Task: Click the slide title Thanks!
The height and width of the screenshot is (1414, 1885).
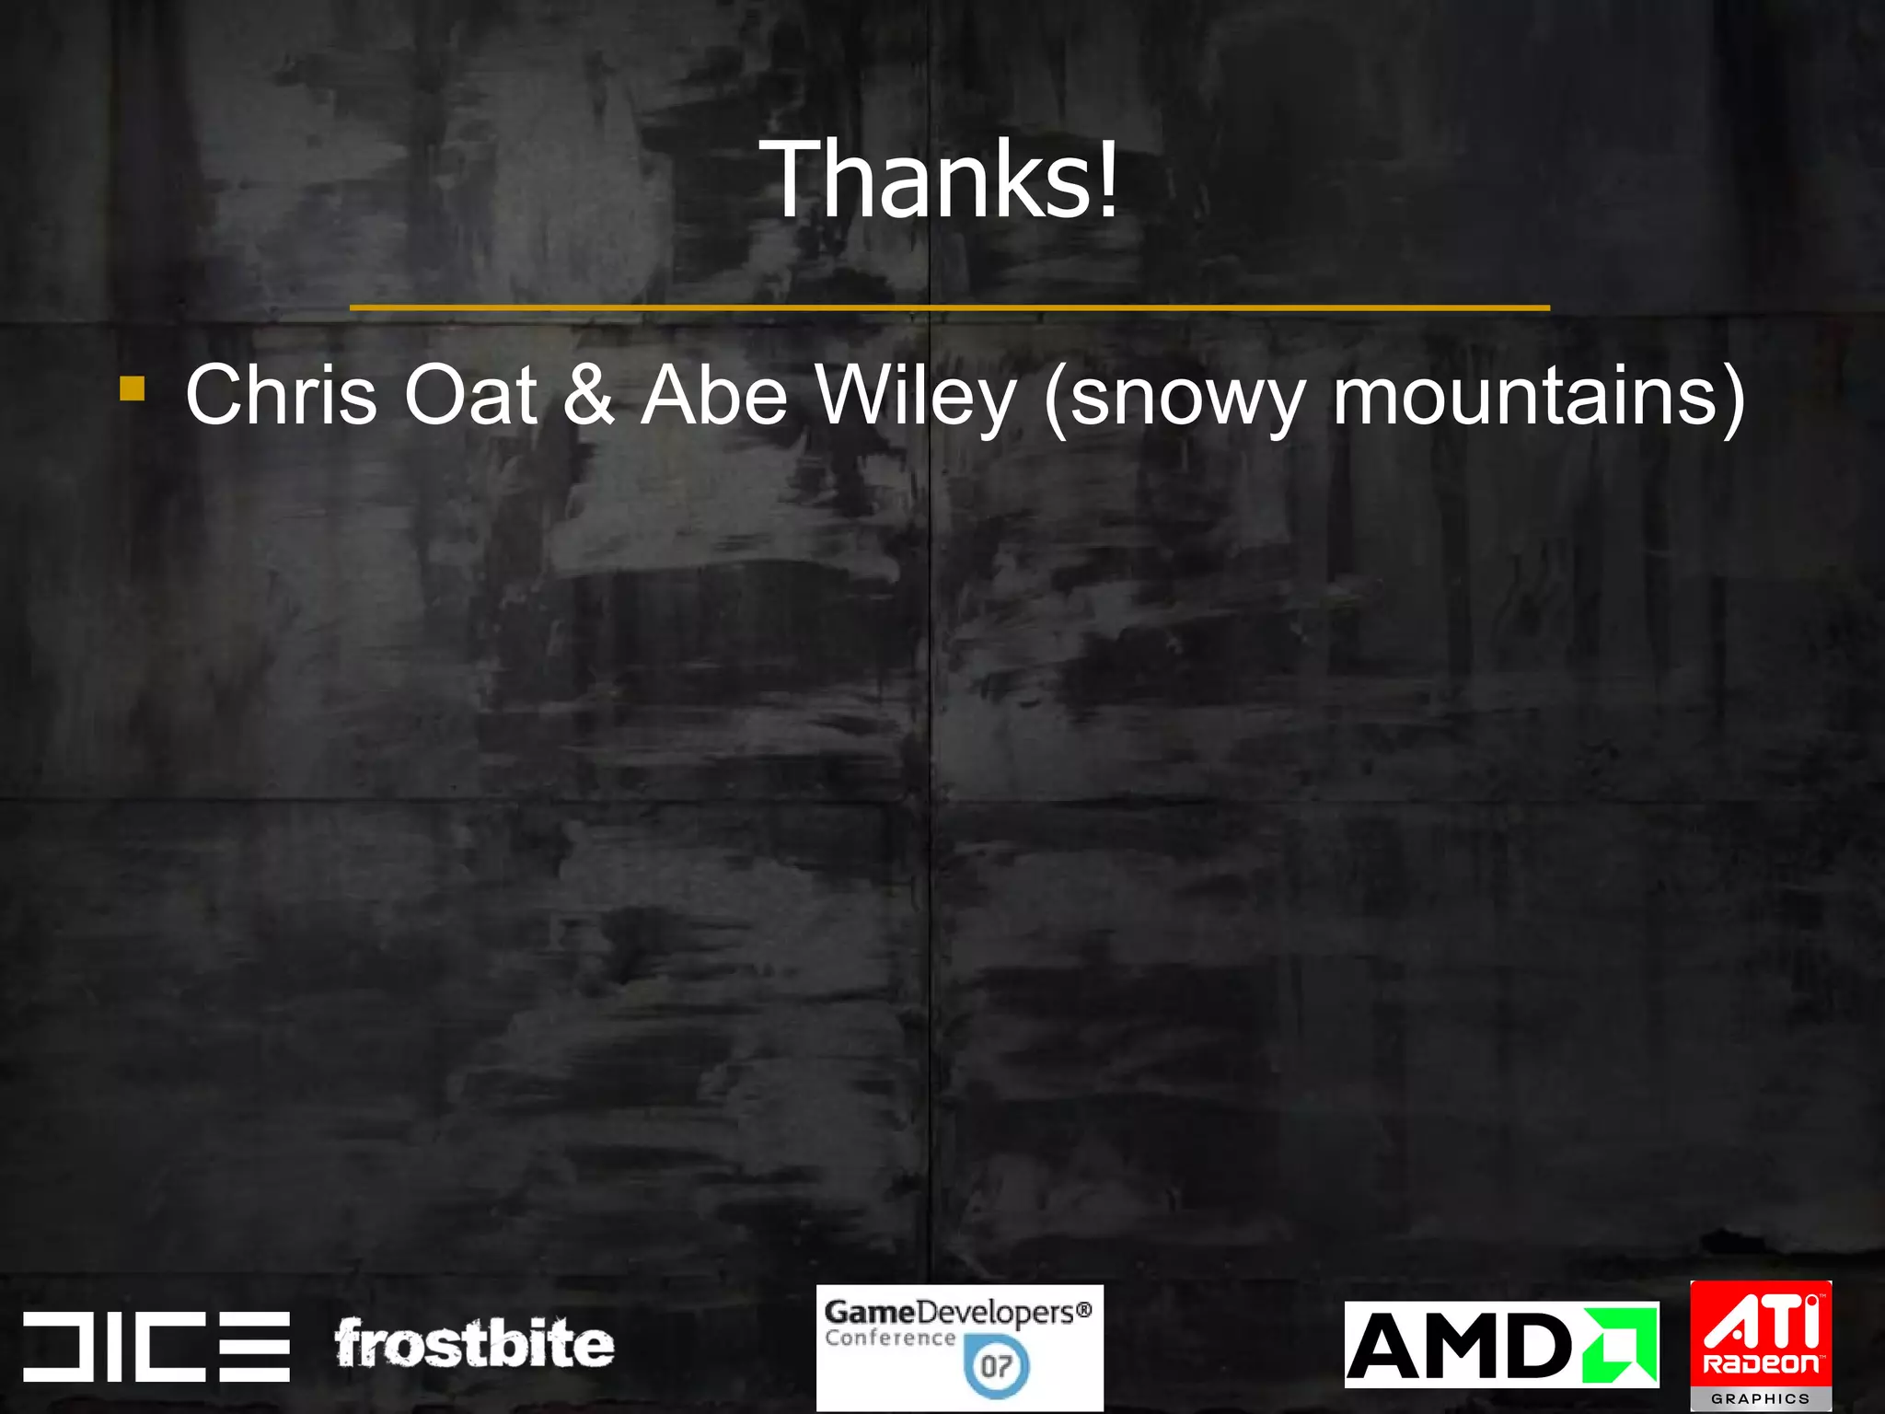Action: click(x=944, y=179)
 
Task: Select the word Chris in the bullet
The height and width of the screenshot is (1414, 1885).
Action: click(x=282, y=395)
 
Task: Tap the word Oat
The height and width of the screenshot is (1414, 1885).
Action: click(x=470, y=395)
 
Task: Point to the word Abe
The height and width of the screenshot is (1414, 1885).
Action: click(x=714, y=395)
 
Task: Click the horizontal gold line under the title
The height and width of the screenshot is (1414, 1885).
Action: click(x=949, y=307)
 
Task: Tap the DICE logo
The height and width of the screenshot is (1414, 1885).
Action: click(x=156, y=1346)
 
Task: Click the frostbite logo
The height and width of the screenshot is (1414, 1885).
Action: click(x=474, y=1344)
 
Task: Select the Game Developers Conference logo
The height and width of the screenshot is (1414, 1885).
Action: click(x=959, y=1348)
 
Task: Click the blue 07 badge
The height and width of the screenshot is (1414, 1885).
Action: click(x=997, y=1366)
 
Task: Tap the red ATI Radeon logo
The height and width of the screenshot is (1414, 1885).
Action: click(x=1761, y=1335)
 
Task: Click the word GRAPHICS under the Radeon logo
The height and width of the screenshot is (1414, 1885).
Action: click(x=1761, y=1398)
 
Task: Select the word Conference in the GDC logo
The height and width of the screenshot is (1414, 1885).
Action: click(x=889, y=1339)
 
